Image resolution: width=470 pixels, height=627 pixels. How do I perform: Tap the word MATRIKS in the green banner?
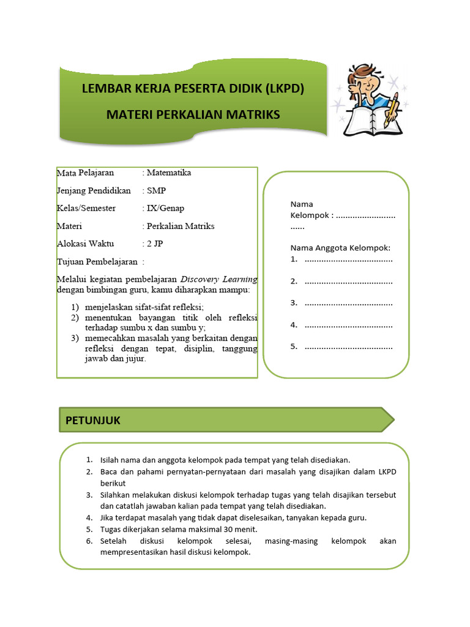coord(249,115)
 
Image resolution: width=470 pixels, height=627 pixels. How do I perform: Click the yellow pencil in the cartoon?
coord(391,110)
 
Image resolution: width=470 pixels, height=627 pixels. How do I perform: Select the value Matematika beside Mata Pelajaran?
coord(170,173)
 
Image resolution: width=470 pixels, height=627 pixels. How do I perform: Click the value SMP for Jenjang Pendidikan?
coord(157,190)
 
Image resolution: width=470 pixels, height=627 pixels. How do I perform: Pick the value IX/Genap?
coord(166,208)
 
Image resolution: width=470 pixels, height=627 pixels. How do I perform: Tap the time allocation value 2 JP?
coord(155,244)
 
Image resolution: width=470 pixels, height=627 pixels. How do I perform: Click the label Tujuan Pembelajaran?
coord(97,261)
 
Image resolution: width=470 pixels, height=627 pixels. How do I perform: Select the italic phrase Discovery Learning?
coord(219,279)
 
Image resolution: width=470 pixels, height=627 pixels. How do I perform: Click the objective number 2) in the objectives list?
coord(75,318)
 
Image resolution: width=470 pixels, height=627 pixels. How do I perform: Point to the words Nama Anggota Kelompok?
coord(340,248)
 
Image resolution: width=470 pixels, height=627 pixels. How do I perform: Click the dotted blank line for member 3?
coord(349,303)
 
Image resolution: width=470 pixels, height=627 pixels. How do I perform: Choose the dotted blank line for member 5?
coord(349,347)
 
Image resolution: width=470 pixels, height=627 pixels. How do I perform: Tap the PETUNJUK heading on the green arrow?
coord(93,420)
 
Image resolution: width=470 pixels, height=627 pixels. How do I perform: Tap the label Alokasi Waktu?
coord(86,244)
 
